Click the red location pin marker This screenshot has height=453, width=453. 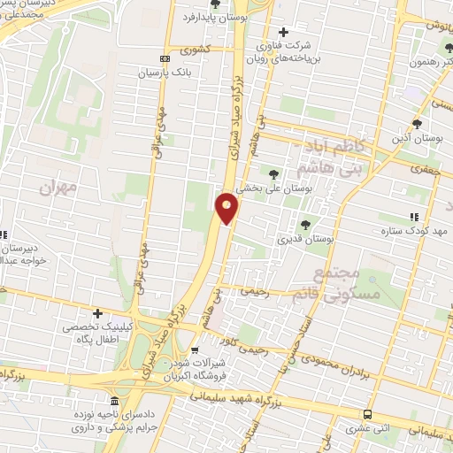[227, 207]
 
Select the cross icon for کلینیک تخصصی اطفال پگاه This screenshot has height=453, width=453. [98, 312]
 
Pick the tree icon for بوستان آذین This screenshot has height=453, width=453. [417, 124]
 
